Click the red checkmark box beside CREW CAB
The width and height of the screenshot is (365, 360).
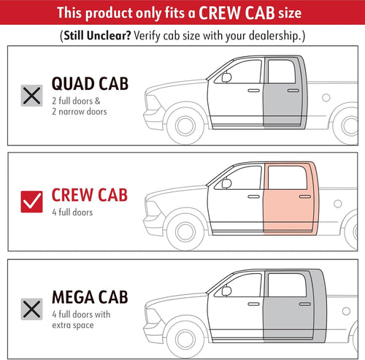[31, 202]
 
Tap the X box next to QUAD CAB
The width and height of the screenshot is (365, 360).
[31, 96]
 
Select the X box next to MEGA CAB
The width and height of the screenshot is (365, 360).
[31, 309]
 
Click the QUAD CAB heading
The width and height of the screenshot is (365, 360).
[90, 84]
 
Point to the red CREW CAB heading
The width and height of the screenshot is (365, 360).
[90, 195]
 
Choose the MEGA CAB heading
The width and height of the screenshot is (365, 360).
[90, 297]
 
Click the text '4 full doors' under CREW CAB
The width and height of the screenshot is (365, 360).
[72, 212]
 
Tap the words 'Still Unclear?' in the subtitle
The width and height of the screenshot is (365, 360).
[97, 36]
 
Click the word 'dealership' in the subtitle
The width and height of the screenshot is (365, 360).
[274, 36]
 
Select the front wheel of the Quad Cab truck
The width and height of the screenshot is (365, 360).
[185, 126]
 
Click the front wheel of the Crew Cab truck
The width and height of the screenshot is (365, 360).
[185, 231]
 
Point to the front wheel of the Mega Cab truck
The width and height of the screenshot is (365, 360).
[185, 339]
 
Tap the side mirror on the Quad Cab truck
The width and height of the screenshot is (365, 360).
[226, 77]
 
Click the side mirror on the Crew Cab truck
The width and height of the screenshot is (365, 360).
[226, 183]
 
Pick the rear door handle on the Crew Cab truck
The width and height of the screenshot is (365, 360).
[305, 196]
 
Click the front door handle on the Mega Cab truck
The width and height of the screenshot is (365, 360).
[254, 304]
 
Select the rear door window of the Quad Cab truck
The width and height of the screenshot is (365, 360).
[282, 72]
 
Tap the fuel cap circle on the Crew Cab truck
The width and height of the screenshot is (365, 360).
[338, 204]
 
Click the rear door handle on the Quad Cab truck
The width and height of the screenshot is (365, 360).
[293, 91]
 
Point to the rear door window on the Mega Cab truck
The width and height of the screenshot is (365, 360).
[287, 285]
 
